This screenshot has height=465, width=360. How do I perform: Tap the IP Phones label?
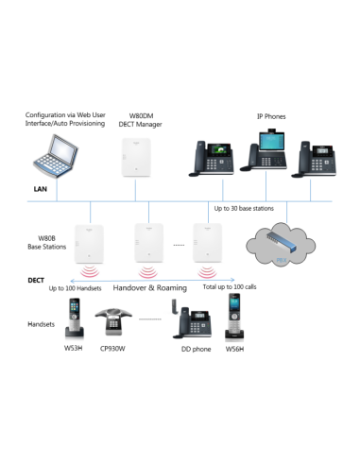(272, 116)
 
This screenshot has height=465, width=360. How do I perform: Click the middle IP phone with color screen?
(268, 153)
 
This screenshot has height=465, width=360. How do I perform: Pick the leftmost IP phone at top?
(211, 158)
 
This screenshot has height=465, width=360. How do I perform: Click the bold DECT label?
(35, 280)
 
